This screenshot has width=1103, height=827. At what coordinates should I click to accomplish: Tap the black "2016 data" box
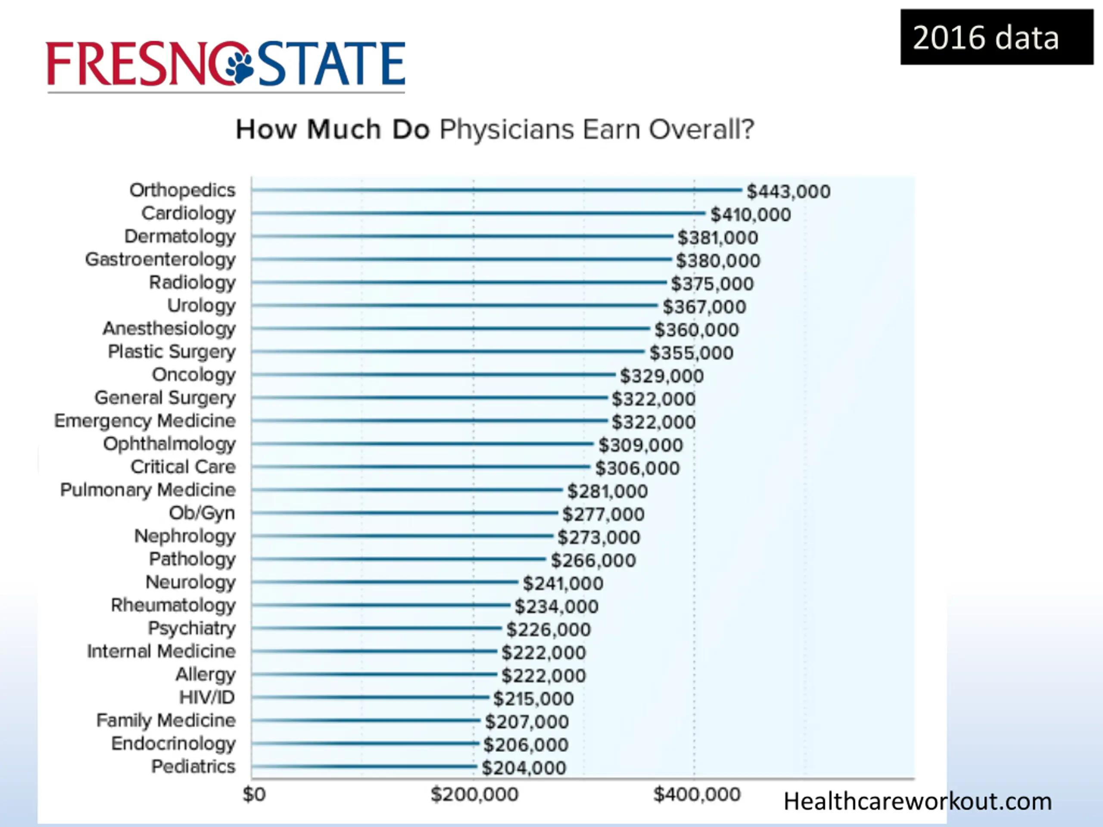click(x=996, y=37)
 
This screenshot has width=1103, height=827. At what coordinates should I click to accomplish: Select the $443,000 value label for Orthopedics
click(x=788, y=191)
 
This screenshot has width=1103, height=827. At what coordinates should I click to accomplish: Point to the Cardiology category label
click(x=188, y=213)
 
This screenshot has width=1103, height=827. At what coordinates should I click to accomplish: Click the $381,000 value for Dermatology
click(x=717, y=238)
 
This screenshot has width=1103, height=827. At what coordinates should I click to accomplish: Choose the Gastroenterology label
click(x=160, y=260)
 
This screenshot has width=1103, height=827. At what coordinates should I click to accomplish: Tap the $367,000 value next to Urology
click(x=704, y=307)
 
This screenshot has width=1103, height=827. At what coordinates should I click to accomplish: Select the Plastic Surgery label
click(x=171, y=352)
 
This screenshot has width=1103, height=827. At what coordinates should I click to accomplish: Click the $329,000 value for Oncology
click(x=662, y=376)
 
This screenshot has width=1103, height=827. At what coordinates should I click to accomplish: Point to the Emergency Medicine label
click(x=145, y=421)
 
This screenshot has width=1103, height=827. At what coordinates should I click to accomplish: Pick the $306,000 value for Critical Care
click(x=637, y=469)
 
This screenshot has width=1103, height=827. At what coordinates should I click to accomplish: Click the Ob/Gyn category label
click(x=202, y=513)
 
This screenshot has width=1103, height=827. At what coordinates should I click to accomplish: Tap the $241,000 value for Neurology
click(x=563, y=584)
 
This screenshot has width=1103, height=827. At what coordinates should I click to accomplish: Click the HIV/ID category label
click(x=207, y=697)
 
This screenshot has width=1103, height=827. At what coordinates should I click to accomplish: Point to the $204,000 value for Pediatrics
click(x=523, y=768)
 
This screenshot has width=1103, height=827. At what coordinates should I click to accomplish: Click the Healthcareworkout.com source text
click(x=917, y=802)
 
